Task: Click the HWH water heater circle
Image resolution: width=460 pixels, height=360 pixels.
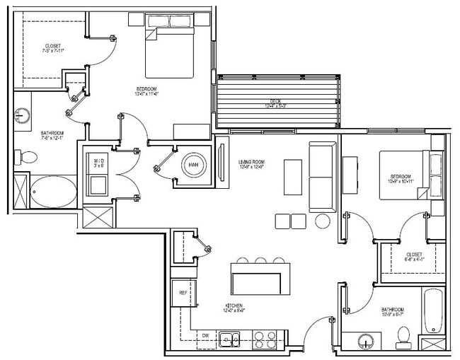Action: [x=192, y=165]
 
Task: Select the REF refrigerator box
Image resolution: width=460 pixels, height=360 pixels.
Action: [x=183, y=292]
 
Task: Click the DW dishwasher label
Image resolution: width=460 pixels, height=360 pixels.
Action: [x=205, y=335]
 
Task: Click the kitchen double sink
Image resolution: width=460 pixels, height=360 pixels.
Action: [x=229, y=339]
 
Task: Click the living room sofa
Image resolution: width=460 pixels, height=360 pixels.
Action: [x=322, y=177]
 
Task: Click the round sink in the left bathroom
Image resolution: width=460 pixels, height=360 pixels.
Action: [x=21, y=115]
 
